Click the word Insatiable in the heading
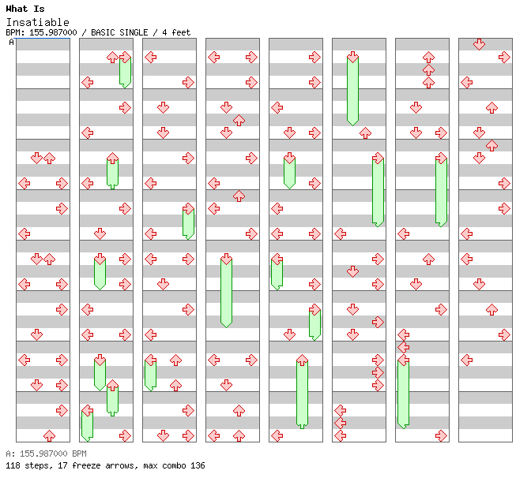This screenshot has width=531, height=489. click(x=38, y=22)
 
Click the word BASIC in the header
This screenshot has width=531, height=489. click(x=103, y=32)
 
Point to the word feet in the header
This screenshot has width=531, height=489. click(x=181, y=32)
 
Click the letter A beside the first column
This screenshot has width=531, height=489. click(x=12, y=43)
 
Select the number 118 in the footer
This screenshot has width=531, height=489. click(x=13, y=465)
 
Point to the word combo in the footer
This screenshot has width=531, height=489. click(x=174, y=465)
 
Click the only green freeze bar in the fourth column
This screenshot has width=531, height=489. click(x=226, y=290)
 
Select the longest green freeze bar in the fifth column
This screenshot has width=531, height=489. click(x=302, y=391)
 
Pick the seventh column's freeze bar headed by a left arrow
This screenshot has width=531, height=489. click(x=403, y=391)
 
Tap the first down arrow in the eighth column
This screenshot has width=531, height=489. click(x=479, y=44)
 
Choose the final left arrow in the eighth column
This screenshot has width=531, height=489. click(x=467, y=360)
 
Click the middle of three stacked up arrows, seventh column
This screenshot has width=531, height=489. click(x=429, y=70)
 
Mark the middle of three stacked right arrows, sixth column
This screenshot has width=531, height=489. click(x=378, y=373)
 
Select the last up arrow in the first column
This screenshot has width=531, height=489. click(x=50, y=436)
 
